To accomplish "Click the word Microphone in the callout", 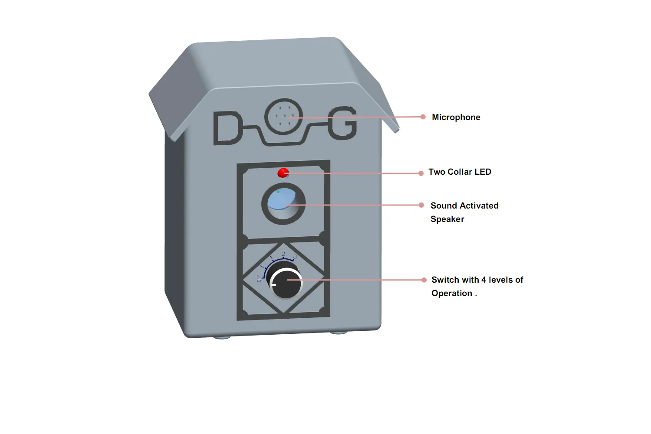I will (456, 117).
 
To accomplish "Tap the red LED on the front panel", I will (283, 173).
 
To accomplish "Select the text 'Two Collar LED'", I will (460, 172).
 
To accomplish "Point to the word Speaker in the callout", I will (447, 219).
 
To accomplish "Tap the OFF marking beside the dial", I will (259, 278).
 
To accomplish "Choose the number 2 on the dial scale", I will (283, 255).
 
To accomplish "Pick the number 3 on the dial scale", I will (295, 257).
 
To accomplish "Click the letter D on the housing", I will (227, 128).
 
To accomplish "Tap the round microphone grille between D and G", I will (284, 116).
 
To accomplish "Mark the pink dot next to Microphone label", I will (423, 117).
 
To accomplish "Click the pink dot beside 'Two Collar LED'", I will (421, 173).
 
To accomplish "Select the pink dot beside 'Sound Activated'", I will (421, 205).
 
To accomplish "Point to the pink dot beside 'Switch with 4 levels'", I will (424, 280).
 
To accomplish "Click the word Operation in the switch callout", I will (451, 293).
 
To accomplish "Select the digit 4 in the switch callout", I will (483, 280).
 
